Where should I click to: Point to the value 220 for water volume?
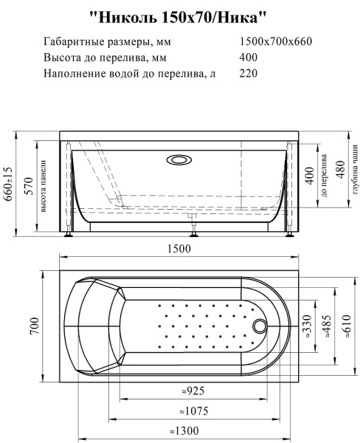coord(249,74)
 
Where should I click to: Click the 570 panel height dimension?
coord(27,185)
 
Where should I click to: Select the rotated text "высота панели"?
coord(44,185)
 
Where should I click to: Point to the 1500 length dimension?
coord(179,248)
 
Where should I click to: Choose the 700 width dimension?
coord(35,329)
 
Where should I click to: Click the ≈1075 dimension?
coord(193,411)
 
